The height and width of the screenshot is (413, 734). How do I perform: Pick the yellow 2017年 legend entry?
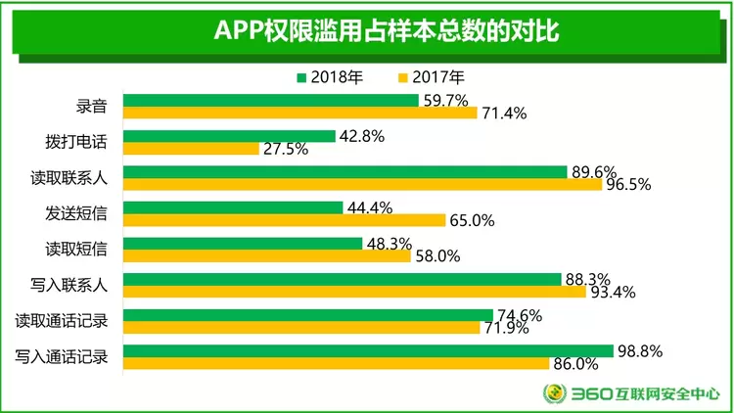click(431, 77)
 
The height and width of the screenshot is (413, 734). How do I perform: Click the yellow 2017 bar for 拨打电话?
click(191, 149)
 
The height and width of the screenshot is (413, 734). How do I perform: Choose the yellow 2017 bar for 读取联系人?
click(362, 185)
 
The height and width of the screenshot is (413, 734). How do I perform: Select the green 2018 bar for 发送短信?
click(233, 207)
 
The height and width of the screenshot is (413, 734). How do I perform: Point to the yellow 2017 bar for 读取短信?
click(267, 255)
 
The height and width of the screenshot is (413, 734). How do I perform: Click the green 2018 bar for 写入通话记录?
click(368, 350)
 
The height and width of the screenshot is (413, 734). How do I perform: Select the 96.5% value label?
click(630, 185)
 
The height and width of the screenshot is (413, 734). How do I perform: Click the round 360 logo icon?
click(555, 393)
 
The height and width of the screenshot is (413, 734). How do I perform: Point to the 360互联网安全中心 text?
click(645, 393)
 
